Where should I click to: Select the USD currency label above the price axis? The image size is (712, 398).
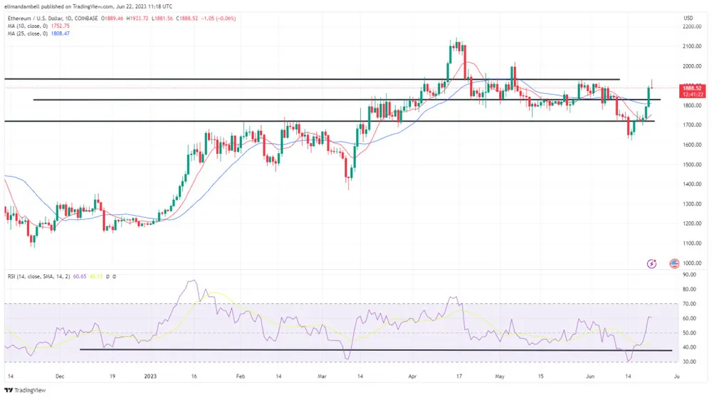tap(688, 18)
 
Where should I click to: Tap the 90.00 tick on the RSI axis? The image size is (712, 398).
tap(689, 274)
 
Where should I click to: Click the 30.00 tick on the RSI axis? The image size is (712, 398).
tap(689, 362)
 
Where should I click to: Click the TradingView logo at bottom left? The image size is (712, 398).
tap(24, 389)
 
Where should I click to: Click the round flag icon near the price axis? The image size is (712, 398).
tap(674, 263)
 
